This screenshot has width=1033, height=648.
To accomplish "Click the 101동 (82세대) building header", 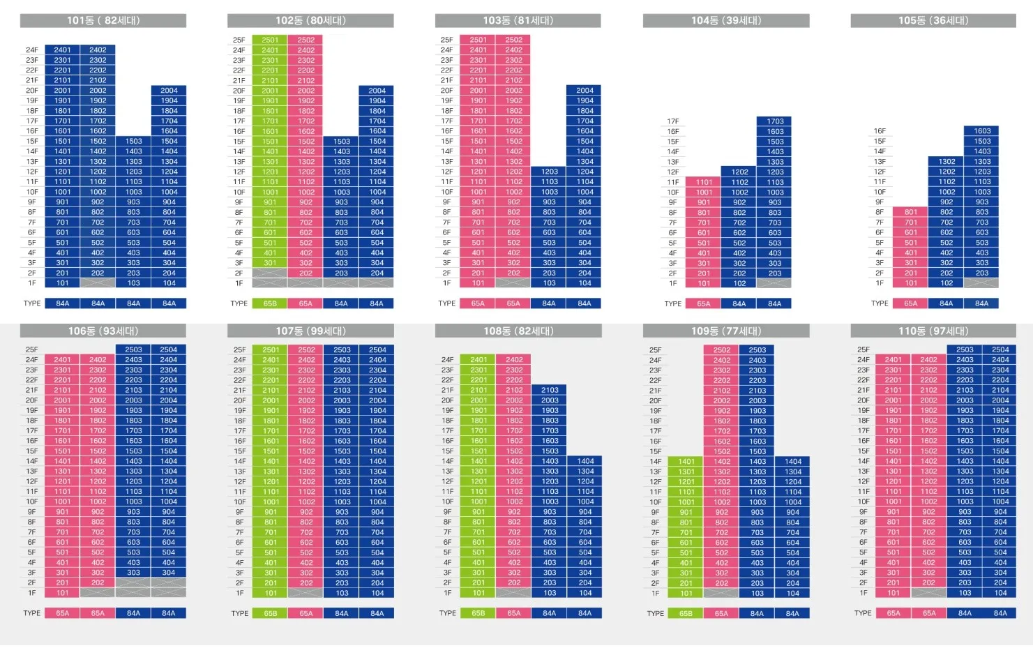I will [x=103, y=21].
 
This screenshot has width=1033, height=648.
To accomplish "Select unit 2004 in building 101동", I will [x=169, y=90].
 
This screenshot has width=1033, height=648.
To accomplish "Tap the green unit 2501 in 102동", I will [x=270, y=40].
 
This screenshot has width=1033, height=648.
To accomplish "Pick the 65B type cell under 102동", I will [x=270, y=303].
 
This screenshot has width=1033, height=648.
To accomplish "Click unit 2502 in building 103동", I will [x=513, y=40].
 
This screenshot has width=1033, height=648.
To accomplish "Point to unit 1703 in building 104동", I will [x=775, y=121].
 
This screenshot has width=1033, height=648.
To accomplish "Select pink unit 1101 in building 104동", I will [x=704, y=182].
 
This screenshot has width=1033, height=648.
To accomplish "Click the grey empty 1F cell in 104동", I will [x=775, y=283].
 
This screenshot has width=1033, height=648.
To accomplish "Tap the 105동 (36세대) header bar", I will [x=933, y=21].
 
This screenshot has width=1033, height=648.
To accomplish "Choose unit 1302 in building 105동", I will [x=947, y=161].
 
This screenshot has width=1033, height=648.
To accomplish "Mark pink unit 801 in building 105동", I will [x=911, y=212].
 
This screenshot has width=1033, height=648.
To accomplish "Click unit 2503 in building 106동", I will [x=133, y=349].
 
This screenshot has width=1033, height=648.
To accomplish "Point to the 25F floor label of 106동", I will [x=32, y=349].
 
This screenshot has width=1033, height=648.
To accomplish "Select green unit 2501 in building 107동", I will [x=271, y=349].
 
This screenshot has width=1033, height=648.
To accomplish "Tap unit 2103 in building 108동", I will [x=550, y=390].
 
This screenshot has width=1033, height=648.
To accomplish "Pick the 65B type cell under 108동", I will [x=478, y=613].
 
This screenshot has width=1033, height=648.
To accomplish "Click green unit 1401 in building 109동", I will [x=686, y=461].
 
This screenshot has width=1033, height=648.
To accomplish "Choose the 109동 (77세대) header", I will [x=726, y=331].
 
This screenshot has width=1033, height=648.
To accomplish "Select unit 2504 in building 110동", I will [x=1000, y=349].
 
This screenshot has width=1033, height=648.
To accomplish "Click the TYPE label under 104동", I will [x=672, y=303].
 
